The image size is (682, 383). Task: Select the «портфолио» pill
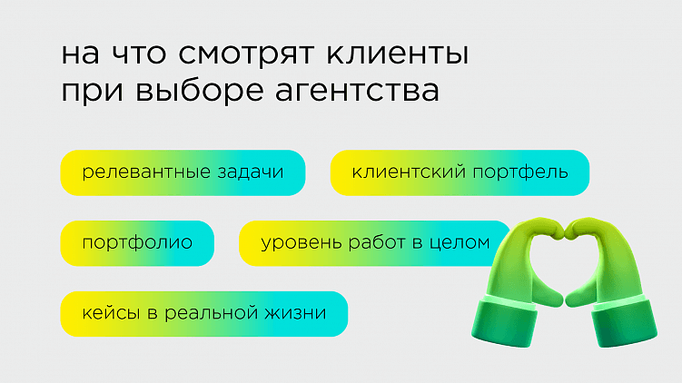pos(137,243)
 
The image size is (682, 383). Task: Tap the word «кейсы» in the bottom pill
pos(107,314)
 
